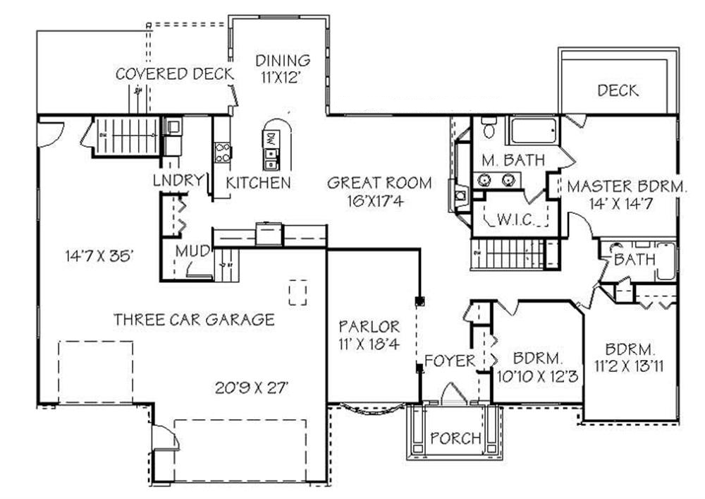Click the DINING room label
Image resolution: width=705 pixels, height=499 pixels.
283,60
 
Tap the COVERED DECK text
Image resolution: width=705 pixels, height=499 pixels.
171,73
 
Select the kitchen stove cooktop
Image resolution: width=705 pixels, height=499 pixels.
223,152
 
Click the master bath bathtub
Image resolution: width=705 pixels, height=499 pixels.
532,132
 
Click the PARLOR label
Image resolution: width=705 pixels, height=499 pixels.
369,327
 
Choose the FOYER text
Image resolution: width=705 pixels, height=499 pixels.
449,361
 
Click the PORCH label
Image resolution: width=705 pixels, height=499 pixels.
456,438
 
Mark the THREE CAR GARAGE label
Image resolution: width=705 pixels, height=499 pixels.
194,320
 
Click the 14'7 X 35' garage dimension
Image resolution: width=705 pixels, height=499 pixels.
97,255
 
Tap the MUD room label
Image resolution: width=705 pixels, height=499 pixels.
192,251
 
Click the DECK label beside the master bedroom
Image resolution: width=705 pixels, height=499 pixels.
618,90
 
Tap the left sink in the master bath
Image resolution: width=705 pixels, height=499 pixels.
485,180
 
